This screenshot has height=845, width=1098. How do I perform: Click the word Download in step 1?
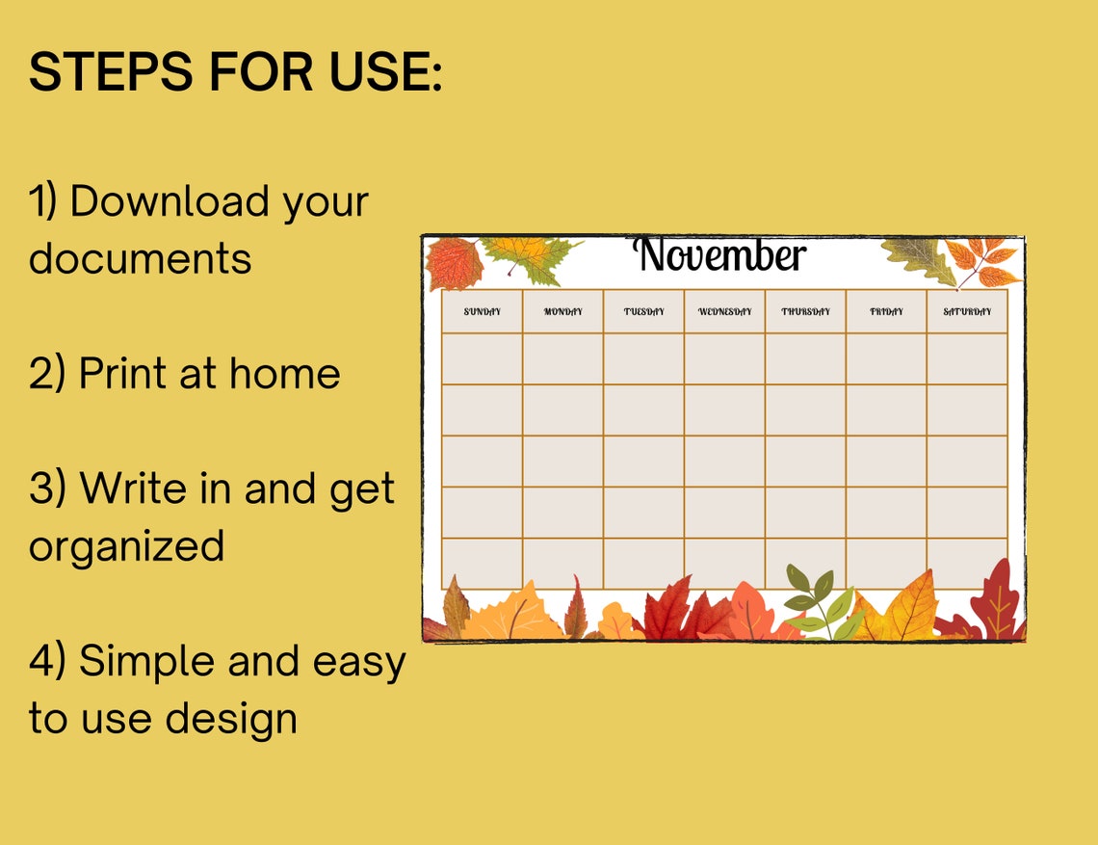169,202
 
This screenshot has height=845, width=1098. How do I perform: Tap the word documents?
141,259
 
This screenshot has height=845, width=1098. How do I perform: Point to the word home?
286,374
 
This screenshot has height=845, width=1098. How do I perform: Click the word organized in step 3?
126,546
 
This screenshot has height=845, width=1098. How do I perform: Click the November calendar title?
719,256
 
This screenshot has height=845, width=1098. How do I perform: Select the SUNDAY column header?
483,312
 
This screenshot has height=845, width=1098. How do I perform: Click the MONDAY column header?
563,312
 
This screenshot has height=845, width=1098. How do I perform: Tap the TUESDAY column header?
644,312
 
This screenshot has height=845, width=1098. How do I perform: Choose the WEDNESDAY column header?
725,312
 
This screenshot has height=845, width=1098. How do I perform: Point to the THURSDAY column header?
806,312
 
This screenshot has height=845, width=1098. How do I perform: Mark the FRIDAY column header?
887,312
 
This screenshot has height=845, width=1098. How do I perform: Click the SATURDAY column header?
967,312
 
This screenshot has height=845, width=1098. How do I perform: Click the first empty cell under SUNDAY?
483,358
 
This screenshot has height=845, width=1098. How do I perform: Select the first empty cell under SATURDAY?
967,358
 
